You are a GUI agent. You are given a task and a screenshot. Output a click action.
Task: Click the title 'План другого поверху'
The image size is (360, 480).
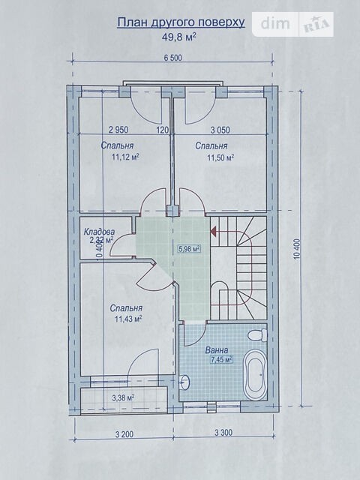click(181, 22)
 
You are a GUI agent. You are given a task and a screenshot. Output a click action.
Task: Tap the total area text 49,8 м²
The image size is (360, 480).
click(179, 37)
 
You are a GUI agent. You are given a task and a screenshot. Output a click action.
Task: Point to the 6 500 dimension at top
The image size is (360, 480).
click(172, 58)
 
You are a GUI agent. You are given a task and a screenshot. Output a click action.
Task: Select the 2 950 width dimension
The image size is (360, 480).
click(118, 130)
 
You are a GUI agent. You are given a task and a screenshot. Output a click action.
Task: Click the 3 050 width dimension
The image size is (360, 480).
click(220, 130)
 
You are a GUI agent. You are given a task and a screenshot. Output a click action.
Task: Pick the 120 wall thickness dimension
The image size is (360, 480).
click(163, 130)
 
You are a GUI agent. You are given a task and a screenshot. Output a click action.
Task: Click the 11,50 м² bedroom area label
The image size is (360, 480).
click(220, 157)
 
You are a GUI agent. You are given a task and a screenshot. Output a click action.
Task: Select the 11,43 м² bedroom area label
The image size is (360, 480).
click(128, 319)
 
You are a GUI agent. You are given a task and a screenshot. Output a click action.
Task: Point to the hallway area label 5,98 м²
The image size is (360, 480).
click(189, 248)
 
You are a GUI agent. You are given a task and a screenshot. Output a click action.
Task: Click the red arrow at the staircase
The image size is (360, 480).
click(213, 230)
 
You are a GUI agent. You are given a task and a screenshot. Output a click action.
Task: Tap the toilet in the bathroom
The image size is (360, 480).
click(257, 335)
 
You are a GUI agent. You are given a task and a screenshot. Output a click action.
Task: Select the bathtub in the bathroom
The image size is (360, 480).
click(255, 373)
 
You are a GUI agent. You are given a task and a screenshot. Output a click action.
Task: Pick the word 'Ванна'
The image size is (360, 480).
click(217, 350)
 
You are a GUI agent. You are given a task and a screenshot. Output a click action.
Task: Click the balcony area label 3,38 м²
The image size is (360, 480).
click(123, 398)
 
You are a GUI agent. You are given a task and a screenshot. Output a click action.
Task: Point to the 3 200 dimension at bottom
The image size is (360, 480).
click(124, 434)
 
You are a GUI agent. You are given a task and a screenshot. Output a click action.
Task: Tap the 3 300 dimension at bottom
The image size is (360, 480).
click(223, 433)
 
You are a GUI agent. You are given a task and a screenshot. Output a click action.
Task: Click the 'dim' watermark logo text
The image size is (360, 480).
click(275, 24)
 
